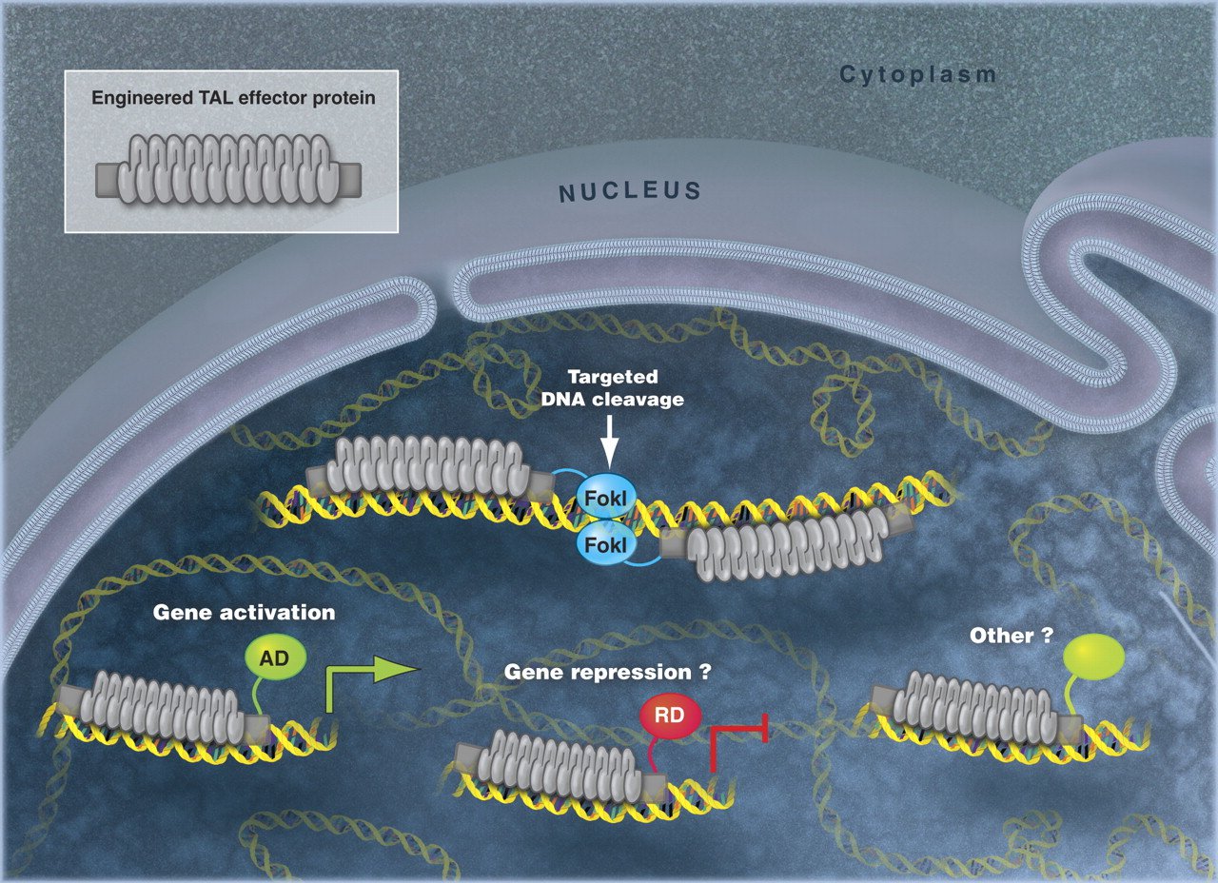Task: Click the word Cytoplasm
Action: (x=918, y=75)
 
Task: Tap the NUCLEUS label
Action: (x=630, y=191)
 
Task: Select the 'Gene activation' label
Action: (x=245, y=612)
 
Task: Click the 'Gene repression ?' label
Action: (x=608, y=672)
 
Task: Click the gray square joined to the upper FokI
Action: (x=541, y=485)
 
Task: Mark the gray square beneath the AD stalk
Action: (x=256, y=728)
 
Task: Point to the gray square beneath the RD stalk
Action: (x=653, y=785)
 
